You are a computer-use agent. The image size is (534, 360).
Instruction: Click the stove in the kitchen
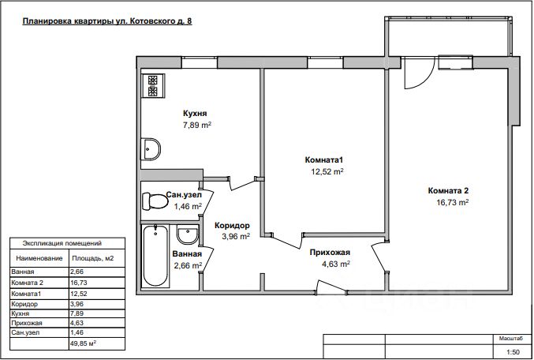pyautogui.click(x=153, y=86)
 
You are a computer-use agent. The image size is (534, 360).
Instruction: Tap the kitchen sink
pyautogui.click(x=151, y=149)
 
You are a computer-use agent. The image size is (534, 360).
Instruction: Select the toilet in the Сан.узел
pyautogui.click(x=155, y=201)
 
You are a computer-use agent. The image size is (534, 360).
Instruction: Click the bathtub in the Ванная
pyautogui.click(x=155, y=256)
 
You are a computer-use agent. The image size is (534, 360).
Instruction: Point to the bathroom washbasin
pyautogui.click(x=187, y=234)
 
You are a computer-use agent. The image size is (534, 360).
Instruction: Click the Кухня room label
pyautogui.click(x=195, y=114)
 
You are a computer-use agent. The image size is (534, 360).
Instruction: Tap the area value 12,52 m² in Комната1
pyautogui.click(x=327, y=171)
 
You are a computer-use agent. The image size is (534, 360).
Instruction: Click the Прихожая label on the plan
pyautogui.click(x=330, y=253)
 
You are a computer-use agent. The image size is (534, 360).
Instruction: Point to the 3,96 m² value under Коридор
pyautogui.click(x=236, y=236)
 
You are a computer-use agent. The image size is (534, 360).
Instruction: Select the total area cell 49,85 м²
pyautogui.click(x=83, y=343)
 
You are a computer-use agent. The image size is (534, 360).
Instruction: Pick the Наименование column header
pyautogui.click(x=39, y=258)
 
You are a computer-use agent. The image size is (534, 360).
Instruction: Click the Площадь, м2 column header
pyautogui.click(x=92, y=258)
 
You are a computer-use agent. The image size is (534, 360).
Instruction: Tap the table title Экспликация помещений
pyautogui.click(x=62, y=243)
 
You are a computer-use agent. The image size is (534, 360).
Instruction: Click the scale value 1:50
pyautogui.click(x=513, y=352)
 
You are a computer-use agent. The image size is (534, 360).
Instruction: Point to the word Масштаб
pyautogui.click(x=510, y=339)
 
